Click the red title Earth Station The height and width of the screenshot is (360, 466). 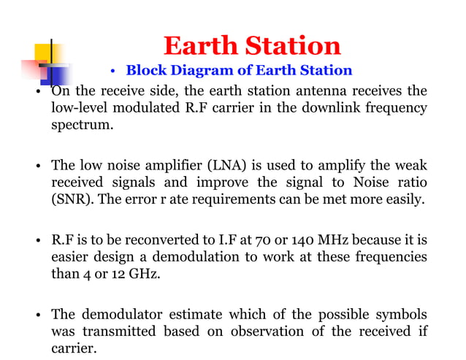(251, 46)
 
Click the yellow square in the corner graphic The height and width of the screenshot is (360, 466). (48, 53)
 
